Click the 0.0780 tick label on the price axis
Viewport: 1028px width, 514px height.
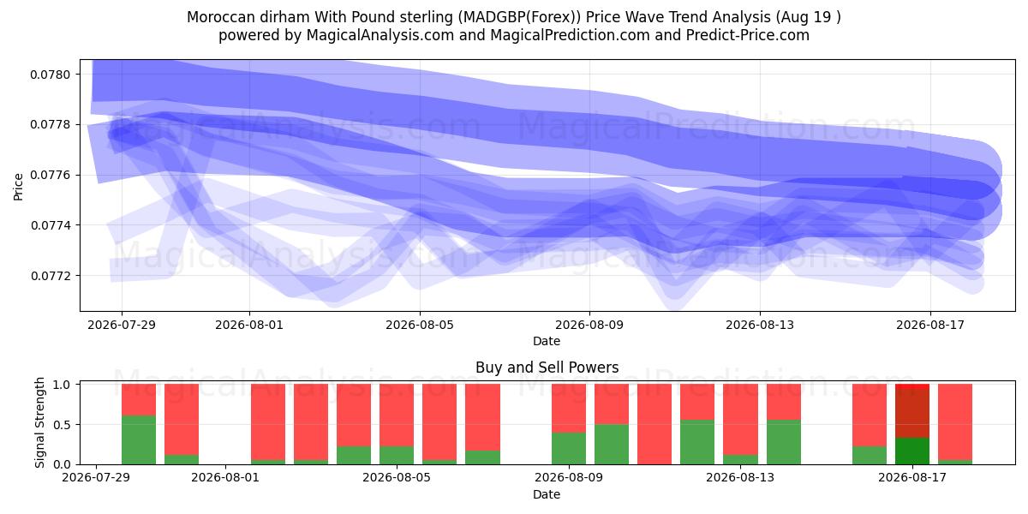[x=50, y=75]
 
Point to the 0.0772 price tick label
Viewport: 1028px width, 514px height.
[x=50, y=276]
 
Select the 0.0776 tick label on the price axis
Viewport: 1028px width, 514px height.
[x=50, y=176]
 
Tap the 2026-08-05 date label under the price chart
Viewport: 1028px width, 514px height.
[x=420, y=325]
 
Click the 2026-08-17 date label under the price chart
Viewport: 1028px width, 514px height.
[x=930, y=325]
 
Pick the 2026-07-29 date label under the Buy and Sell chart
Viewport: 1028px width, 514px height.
[x=96, y=477]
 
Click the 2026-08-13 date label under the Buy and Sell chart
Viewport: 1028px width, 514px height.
[x=740, y=477]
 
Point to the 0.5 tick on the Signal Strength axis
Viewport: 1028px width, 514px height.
[x=62, y=425]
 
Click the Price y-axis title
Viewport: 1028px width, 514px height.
[x=18, y=187]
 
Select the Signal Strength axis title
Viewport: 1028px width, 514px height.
[x=40, y=422]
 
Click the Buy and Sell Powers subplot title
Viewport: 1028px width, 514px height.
[x=547, y=368]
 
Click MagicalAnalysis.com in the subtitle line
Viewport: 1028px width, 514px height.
[x=380, y=35]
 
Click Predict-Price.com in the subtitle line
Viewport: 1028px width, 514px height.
[x=748, y=35]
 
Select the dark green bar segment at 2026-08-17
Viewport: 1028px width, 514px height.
[x=912, y=451]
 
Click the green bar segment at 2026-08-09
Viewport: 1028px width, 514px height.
[x=569, y=448]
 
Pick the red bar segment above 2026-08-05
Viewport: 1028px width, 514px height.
[x=397, y=415]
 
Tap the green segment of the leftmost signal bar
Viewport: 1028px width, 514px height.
[x=139, y=440]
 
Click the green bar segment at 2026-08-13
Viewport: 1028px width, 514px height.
[x=740, y=460]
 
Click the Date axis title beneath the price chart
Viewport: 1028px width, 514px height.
[x=547, y=341]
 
